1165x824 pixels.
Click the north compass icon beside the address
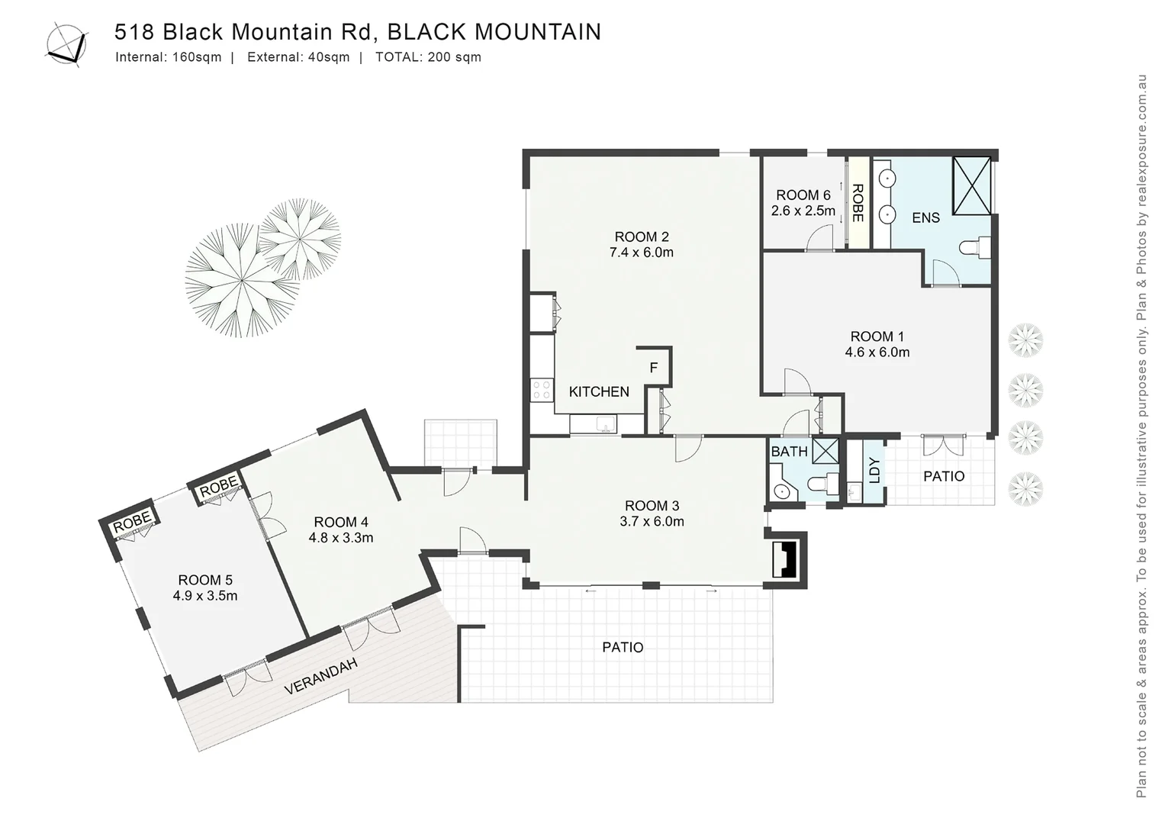66,44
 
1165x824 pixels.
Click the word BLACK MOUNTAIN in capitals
494,32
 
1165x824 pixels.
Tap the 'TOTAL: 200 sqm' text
428,57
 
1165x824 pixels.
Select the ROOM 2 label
641,237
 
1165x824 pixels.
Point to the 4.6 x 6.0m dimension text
877,352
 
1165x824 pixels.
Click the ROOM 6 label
803,195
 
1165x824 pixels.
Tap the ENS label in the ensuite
925,218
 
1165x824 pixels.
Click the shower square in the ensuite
971,185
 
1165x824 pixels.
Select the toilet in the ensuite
975,247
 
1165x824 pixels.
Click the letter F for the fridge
653,368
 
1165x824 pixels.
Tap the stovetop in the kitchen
542,390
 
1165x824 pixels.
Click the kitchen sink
607,424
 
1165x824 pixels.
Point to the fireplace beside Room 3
784,559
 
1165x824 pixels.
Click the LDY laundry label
874,470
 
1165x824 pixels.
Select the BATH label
789,452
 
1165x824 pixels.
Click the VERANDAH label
320,677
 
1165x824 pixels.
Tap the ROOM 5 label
205,580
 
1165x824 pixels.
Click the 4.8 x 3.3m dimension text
340,538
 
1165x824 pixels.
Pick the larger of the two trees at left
240,280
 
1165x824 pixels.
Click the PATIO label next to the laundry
944,476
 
